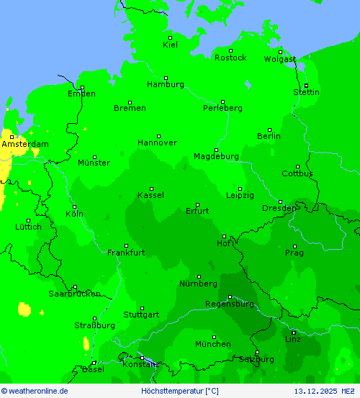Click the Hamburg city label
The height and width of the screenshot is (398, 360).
point(165,84)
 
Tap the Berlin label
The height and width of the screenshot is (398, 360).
point(269,136)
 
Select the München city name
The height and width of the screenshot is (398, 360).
point(212,344)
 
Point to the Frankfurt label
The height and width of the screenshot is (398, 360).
point(126,253)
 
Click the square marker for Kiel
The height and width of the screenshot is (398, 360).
point(171,37)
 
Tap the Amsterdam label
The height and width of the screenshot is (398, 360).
point(25,144)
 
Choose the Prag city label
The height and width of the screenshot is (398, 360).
point(294,253)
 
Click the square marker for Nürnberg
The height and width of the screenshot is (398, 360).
point(199,276)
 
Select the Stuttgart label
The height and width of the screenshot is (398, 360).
point(141,315)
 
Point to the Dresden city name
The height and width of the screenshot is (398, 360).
point(279,209)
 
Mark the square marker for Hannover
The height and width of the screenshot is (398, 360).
point(158,136)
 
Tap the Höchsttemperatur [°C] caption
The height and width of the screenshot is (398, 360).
point(180,391)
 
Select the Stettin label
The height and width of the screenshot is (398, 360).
point(306,92)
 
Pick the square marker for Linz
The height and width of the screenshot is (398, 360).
point(293,332)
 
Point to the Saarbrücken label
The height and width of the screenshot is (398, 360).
point(74,294)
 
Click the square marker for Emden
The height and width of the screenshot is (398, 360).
point(82,88)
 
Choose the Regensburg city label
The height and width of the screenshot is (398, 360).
point(229,304)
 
